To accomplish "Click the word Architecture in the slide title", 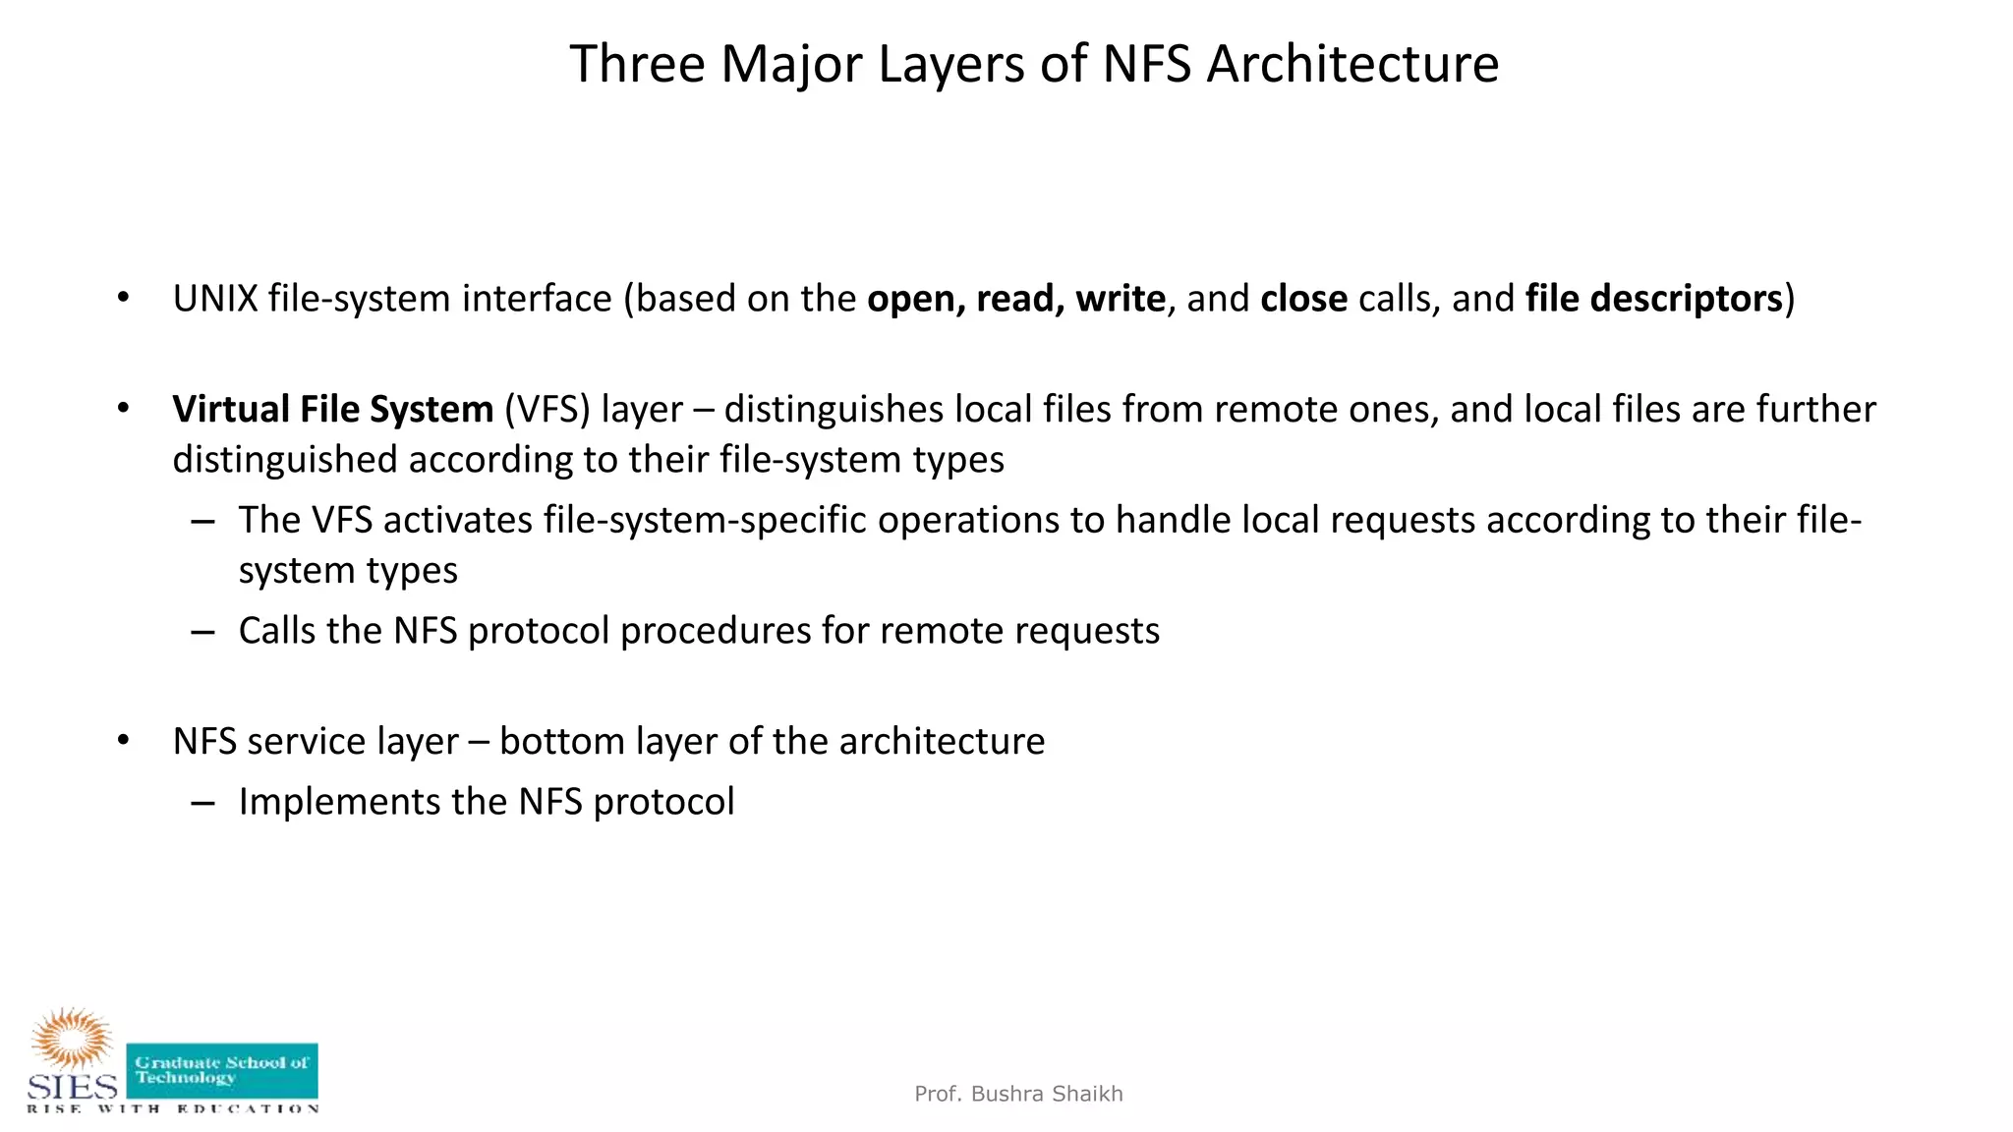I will pos(1352,65).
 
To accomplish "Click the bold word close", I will pos(1303,299).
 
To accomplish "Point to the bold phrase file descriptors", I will pos(1653,299).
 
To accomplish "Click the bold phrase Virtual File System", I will pos(332,410).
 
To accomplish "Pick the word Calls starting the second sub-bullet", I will pos(277,631).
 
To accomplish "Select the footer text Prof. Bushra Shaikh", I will pos(1018,1094).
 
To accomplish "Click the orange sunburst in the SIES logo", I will pos(72,1038).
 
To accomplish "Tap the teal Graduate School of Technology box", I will pos(222,1070).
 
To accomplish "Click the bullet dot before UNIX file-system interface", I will pos(123,298).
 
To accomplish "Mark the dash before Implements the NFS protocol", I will pos(203,803).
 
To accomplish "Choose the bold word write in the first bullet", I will pos(1121,299).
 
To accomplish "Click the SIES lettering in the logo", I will pos(72,1086).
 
